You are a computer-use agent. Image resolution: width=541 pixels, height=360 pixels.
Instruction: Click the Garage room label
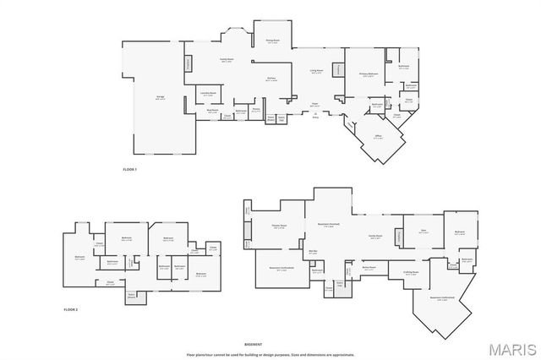[160, 95]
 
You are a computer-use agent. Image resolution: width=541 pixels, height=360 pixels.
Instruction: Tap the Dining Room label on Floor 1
[272, 41]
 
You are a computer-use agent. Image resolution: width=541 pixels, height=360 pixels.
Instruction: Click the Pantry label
[255, 108]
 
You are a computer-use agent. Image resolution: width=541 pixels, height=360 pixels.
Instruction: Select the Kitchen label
[271, 79]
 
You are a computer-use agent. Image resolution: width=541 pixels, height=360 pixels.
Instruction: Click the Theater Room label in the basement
[278, 226]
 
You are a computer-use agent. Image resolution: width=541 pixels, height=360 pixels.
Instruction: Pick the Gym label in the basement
[424, 230]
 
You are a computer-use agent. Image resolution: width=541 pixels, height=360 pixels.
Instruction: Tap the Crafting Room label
[410, 272]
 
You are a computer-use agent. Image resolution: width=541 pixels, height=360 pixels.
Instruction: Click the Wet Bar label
[312, 252]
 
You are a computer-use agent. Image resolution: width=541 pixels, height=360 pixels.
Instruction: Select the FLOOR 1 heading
[129, 171]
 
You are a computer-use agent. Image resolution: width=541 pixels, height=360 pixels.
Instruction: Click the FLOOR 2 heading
[71, 310]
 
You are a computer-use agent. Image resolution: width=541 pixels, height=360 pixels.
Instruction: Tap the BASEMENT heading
[253, 344]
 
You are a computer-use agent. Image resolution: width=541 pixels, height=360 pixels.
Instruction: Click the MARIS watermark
[512, 348]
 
